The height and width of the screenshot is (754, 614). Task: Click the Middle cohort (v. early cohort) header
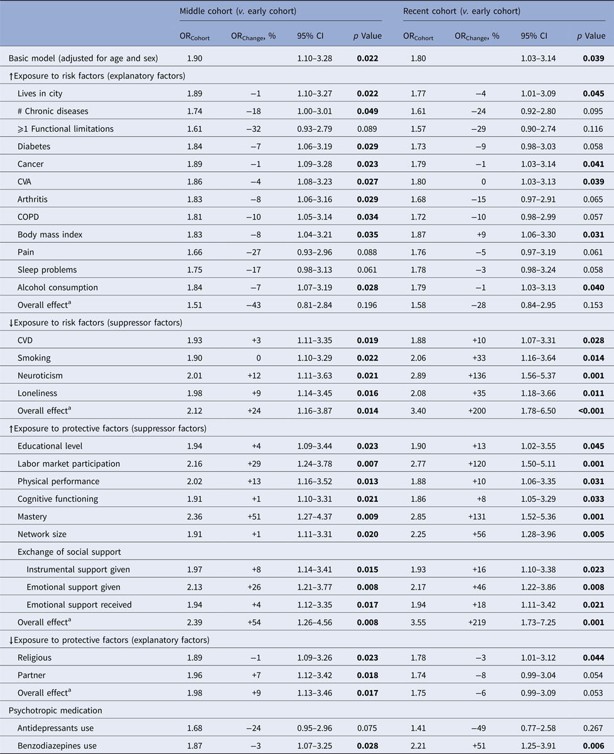[238, 11]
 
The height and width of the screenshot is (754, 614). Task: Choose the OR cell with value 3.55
[412, 622]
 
